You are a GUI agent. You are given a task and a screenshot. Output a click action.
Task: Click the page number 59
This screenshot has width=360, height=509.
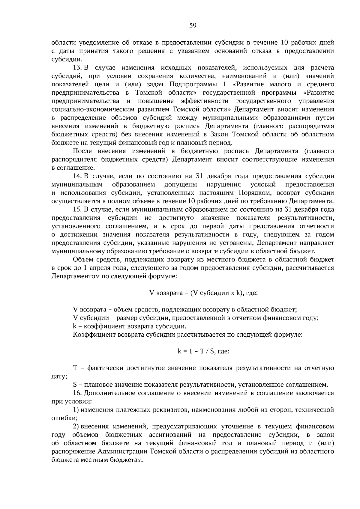[193, 26]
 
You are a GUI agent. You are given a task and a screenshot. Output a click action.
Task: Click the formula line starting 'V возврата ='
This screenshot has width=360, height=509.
[203, 293]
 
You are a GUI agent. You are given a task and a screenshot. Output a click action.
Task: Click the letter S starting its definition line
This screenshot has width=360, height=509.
[75, 385]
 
